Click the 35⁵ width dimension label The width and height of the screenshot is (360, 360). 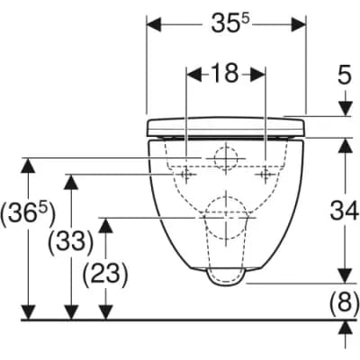click(230, 23)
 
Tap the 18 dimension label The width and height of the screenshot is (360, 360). click(226, 73)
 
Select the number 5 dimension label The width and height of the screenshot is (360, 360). click(345, 76)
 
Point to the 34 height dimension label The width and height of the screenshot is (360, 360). click(345, 211)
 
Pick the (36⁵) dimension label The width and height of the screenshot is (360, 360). click(28, 213)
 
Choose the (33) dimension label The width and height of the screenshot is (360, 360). click(71, 240)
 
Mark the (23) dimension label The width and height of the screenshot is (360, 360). click(105, 274)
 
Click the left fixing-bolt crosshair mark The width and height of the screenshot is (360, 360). click(186, 174)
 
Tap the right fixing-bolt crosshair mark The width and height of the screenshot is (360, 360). click(265, 174)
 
